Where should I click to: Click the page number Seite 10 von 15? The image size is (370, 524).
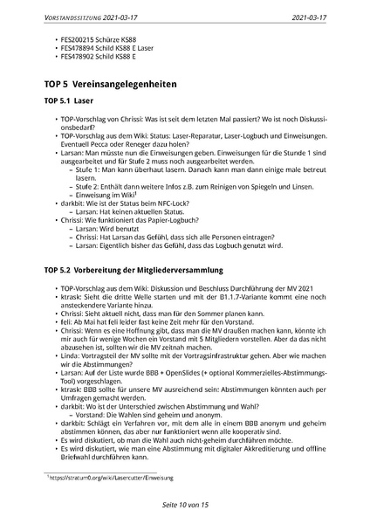tap(184, 505)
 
